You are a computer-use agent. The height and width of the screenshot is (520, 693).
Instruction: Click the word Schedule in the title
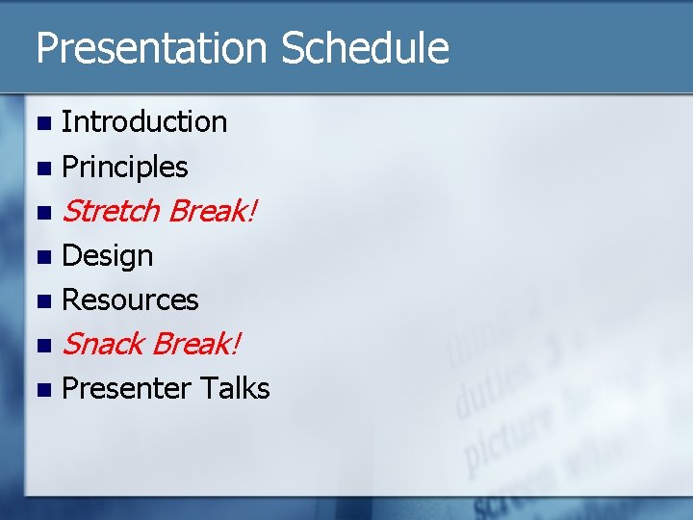coord(365,48)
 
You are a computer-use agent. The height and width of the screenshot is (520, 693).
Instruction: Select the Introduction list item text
coord(144,122)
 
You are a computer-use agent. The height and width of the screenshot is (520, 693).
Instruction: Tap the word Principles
coord(125,168)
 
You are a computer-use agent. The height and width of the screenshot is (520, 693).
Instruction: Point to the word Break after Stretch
coord(212,211)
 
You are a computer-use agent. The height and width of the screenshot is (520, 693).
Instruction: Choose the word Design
coord(108,256)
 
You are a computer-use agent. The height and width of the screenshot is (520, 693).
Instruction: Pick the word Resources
coord(130,300)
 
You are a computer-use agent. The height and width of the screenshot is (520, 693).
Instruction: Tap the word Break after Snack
coord(197,344)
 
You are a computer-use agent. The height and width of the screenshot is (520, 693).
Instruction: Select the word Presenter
coord(126,388)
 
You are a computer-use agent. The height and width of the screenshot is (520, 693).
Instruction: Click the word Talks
coord(235,388)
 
